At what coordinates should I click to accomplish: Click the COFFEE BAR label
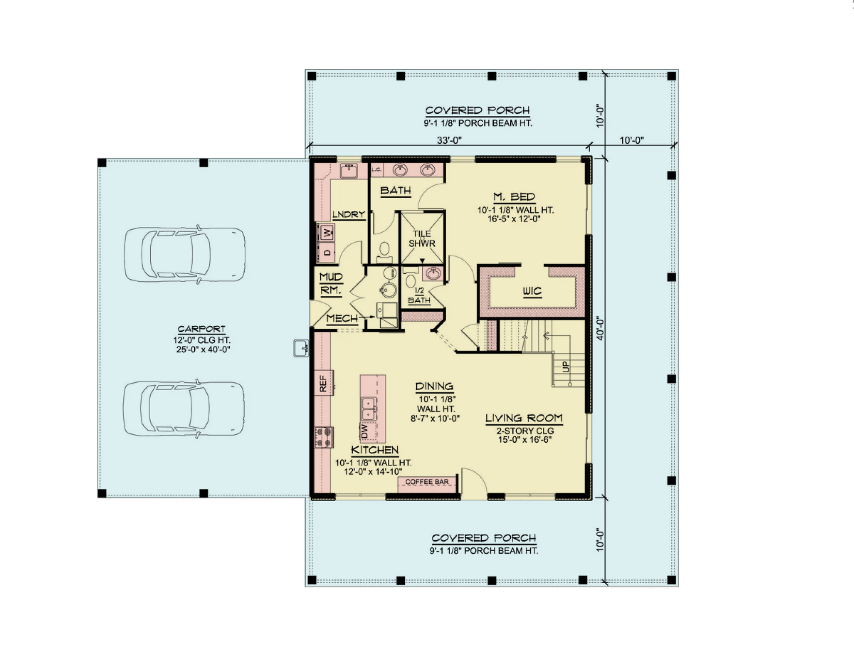(x=427, y=482)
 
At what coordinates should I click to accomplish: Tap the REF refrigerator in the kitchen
(x=324, y=383)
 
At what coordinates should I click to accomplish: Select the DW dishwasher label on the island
(x=364, y=431)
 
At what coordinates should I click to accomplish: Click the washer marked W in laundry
(x=327, y=233)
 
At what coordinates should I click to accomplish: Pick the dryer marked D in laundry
(x=327, y=252)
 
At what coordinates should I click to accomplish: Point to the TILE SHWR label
(x=422, y=239)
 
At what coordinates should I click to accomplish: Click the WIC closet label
(x=532, y=291)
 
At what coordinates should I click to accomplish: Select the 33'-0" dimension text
(x=449, y=140)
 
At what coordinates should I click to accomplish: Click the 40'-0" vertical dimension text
(x=600, y=328)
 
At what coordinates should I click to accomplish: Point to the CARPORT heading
(x=202, y=329)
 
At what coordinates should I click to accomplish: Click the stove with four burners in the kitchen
(x=324, y=437)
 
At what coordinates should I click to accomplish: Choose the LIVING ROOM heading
(x=524, y=418)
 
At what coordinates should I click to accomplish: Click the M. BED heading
(x=514, y=197)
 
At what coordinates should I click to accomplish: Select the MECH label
(x=342, y=318)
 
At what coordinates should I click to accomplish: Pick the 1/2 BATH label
(x=419, y=295)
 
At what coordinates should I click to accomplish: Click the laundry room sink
(x=349, y=171)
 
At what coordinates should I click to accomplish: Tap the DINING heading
(x=434, y=386)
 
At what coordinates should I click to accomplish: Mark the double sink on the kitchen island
(x=369, y=409)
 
